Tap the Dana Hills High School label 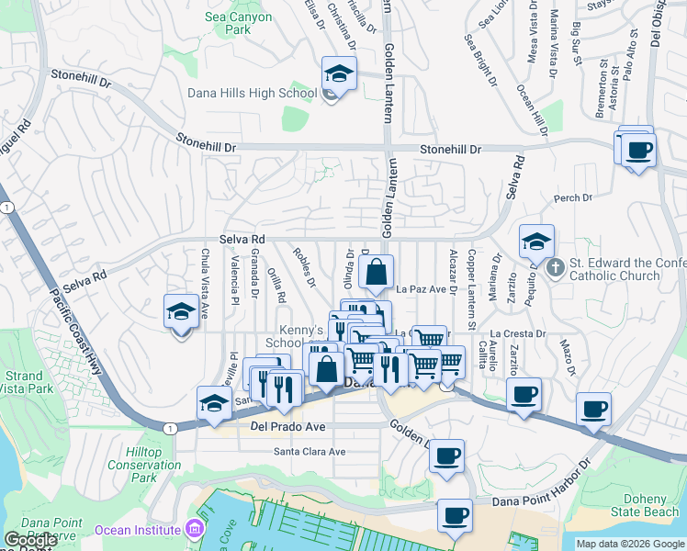point(252,93)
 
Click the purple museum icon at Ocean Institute point(194,530)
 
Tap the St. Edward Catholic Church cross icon point(554,268)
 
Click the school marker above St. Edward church point(536,242)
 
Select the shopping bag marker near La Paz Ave point(377,273)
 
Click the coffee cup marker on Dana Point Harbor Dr point(455,516)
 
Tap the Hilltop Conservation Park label point(143,465)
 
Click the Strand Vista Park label point(23,383)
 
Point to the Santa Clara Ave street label point(310,451)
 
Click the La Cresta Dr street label point(518,334)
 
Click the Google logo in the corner point(29,541)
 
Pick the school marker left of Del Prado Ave point(214,403)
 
